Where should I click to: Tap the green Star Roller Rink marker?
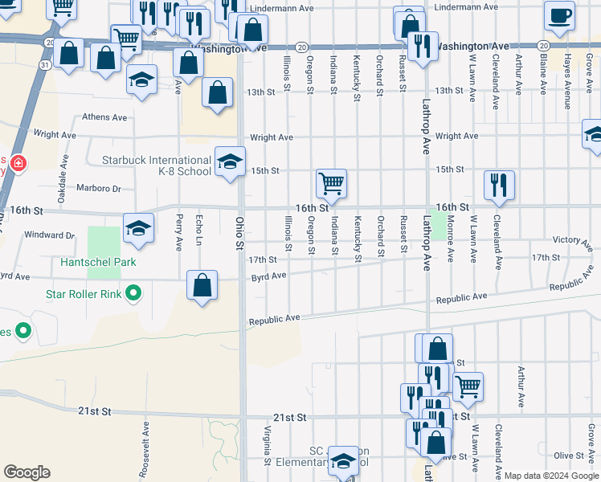coord(134,294)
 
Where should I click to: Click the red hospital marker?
coord(18,165)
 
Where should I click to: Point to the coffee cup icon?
coord(559,14)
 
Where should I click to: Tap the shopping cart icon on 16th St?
coord(331,183)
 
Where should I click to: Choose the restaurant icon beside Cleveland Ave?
coord(499,185)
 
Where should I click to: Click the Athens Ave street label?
coord(104,117)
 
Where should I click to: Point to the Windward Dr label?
coord(50,235)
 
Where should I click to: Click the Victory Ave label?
coord(573,239)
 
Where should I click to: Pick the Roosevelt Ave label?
coord(146,447)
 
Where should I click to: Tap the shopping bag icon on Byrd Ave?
coord(202,285)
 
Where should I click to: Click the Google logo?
coord(27,472)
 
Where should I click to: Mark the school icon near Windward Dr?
coord(138,229)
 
